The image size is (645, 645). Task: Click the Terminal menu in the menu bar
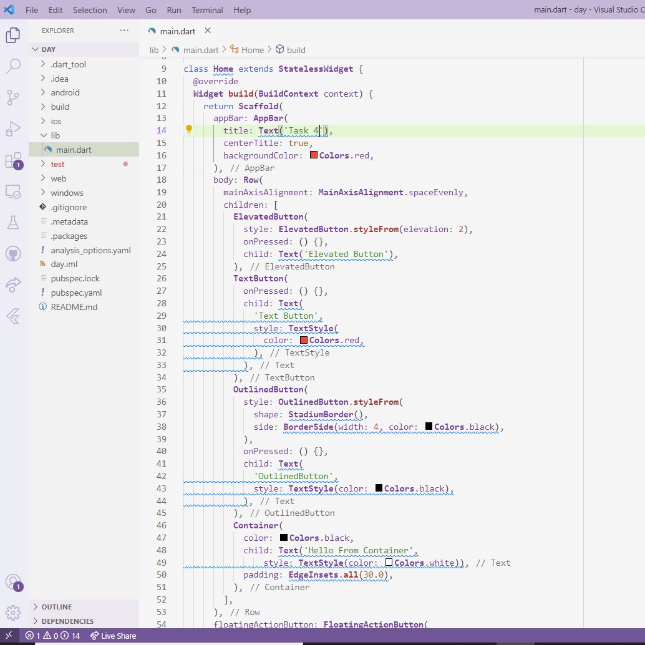(x=207, y=10)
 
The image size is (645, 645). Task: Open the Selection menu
(x=90, y=10)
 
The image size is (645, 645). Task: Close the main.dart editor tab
(x=208, y=31)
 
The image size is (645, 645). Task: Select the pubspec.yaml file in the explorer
(x=76, y=293)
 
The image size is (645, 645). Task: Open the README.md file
(x=74, y=307)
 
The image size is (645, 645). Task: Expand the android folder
(x=65, y=92)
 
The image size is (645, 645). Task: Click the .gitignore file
(x=69, y=207)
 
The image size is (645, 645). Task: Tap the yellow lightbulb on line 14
(x=189, y=130)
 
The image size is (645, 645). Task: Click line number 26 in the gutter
(x=161, y=278)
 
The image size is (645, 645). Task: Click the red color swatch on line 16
(x=313, y=155)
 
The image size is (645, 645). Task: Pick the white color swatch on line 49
(x=389, y=562)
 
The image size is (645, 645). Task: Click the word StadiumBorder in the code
(x=321, y=414)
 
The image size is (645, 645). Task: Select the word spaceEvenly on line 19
(x=435, y=193)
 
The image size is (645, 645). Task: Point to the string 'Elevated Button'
(x=346, y=255)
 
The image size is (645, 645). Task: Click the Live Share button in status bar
(x=113, y=636)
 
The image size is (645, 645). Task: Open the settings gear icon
(x=13, y=613)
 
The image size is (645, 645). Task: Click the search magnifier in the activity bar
(x=13, y=66)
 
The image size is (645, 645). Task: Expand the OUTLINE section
(x=56, y=607)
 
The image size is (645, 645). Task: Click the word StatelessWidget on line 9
(x=316, y=69)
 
